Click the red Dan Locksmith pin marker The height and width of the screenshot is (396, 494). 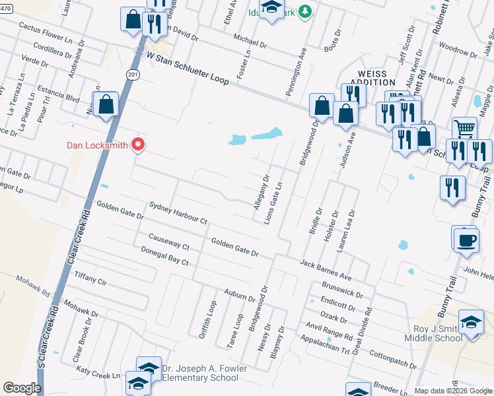point(138,144)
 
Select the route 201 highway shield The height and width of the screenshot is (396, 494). point(134,75)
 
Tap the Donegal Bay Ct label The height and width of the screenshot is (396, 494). point(165,255)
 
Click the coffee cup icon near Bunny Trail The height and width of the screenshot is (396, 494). point(466,238)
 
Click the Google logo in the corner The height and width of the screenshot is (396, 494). point(22,388)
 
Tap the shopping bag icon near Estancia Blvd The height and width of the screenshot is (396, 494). point(106,104)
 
